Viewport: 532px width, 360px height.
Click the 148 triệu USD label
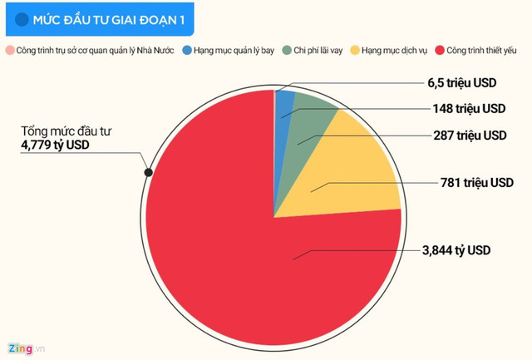469,109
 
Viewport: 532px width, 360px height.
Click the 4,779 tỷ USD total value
57,145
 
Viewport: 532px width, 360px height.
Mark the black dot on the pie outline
148,173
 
